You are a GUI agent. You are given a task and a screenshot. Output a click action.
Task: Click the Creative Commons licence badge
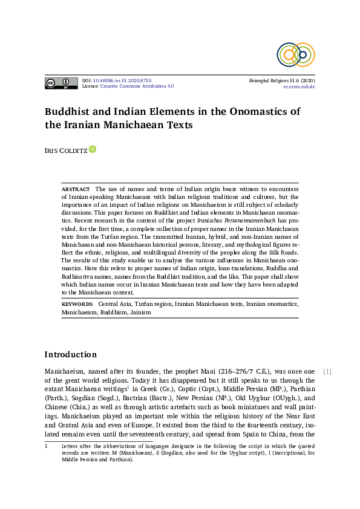point(61,83)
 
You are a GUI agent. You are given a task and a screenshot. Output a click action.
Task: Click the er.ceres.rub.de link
point(299,86)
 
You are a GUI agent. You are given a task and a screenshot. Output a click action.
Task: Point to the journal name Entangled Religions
point(269,80)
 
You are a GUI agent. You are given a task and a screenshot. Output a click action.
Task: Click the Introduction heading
point(71,354)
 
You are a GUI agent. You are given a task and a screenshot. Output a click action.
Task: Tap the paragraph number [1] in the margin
point(327,371)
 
